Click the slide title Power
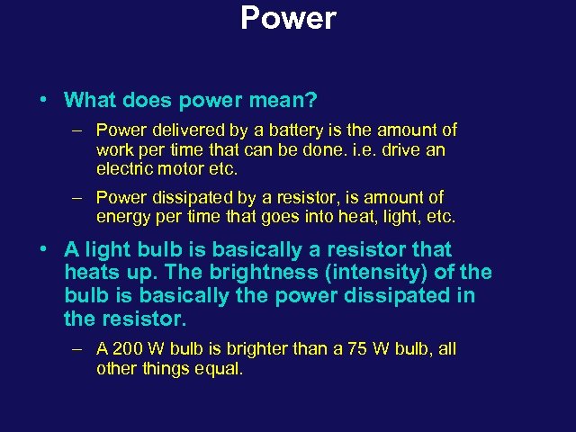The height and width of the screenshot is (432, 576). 288,18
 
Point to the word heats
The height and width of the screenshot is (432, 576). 94,273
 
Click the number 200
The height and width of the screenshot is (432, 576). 128,348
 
